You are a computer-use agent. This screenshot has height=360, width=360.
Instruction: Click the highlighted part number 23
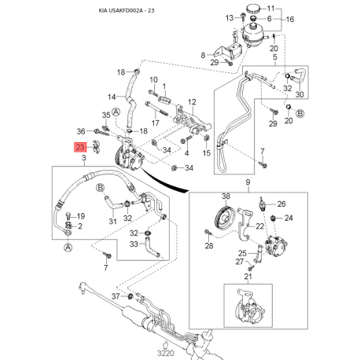(x=79, y=146)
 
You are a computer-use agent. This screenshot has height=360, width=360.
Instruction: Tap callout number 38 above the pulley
(x=225, y=196)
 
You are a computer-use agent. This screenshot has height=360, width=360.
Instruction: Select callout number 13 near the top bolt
(x=230, y=17)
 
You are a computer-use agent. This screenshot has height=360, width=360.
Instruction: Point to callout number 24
(x=288, y=218)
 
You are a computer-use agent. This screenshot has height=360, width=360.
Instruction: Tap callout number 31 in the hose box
(x=112, y=221)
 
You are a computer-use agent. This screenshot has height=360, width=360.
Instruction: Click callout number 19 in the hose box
(x=81, y=215)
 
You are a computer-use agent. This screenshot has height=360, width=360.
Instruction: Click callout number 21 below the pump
(x=248, y=277)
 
